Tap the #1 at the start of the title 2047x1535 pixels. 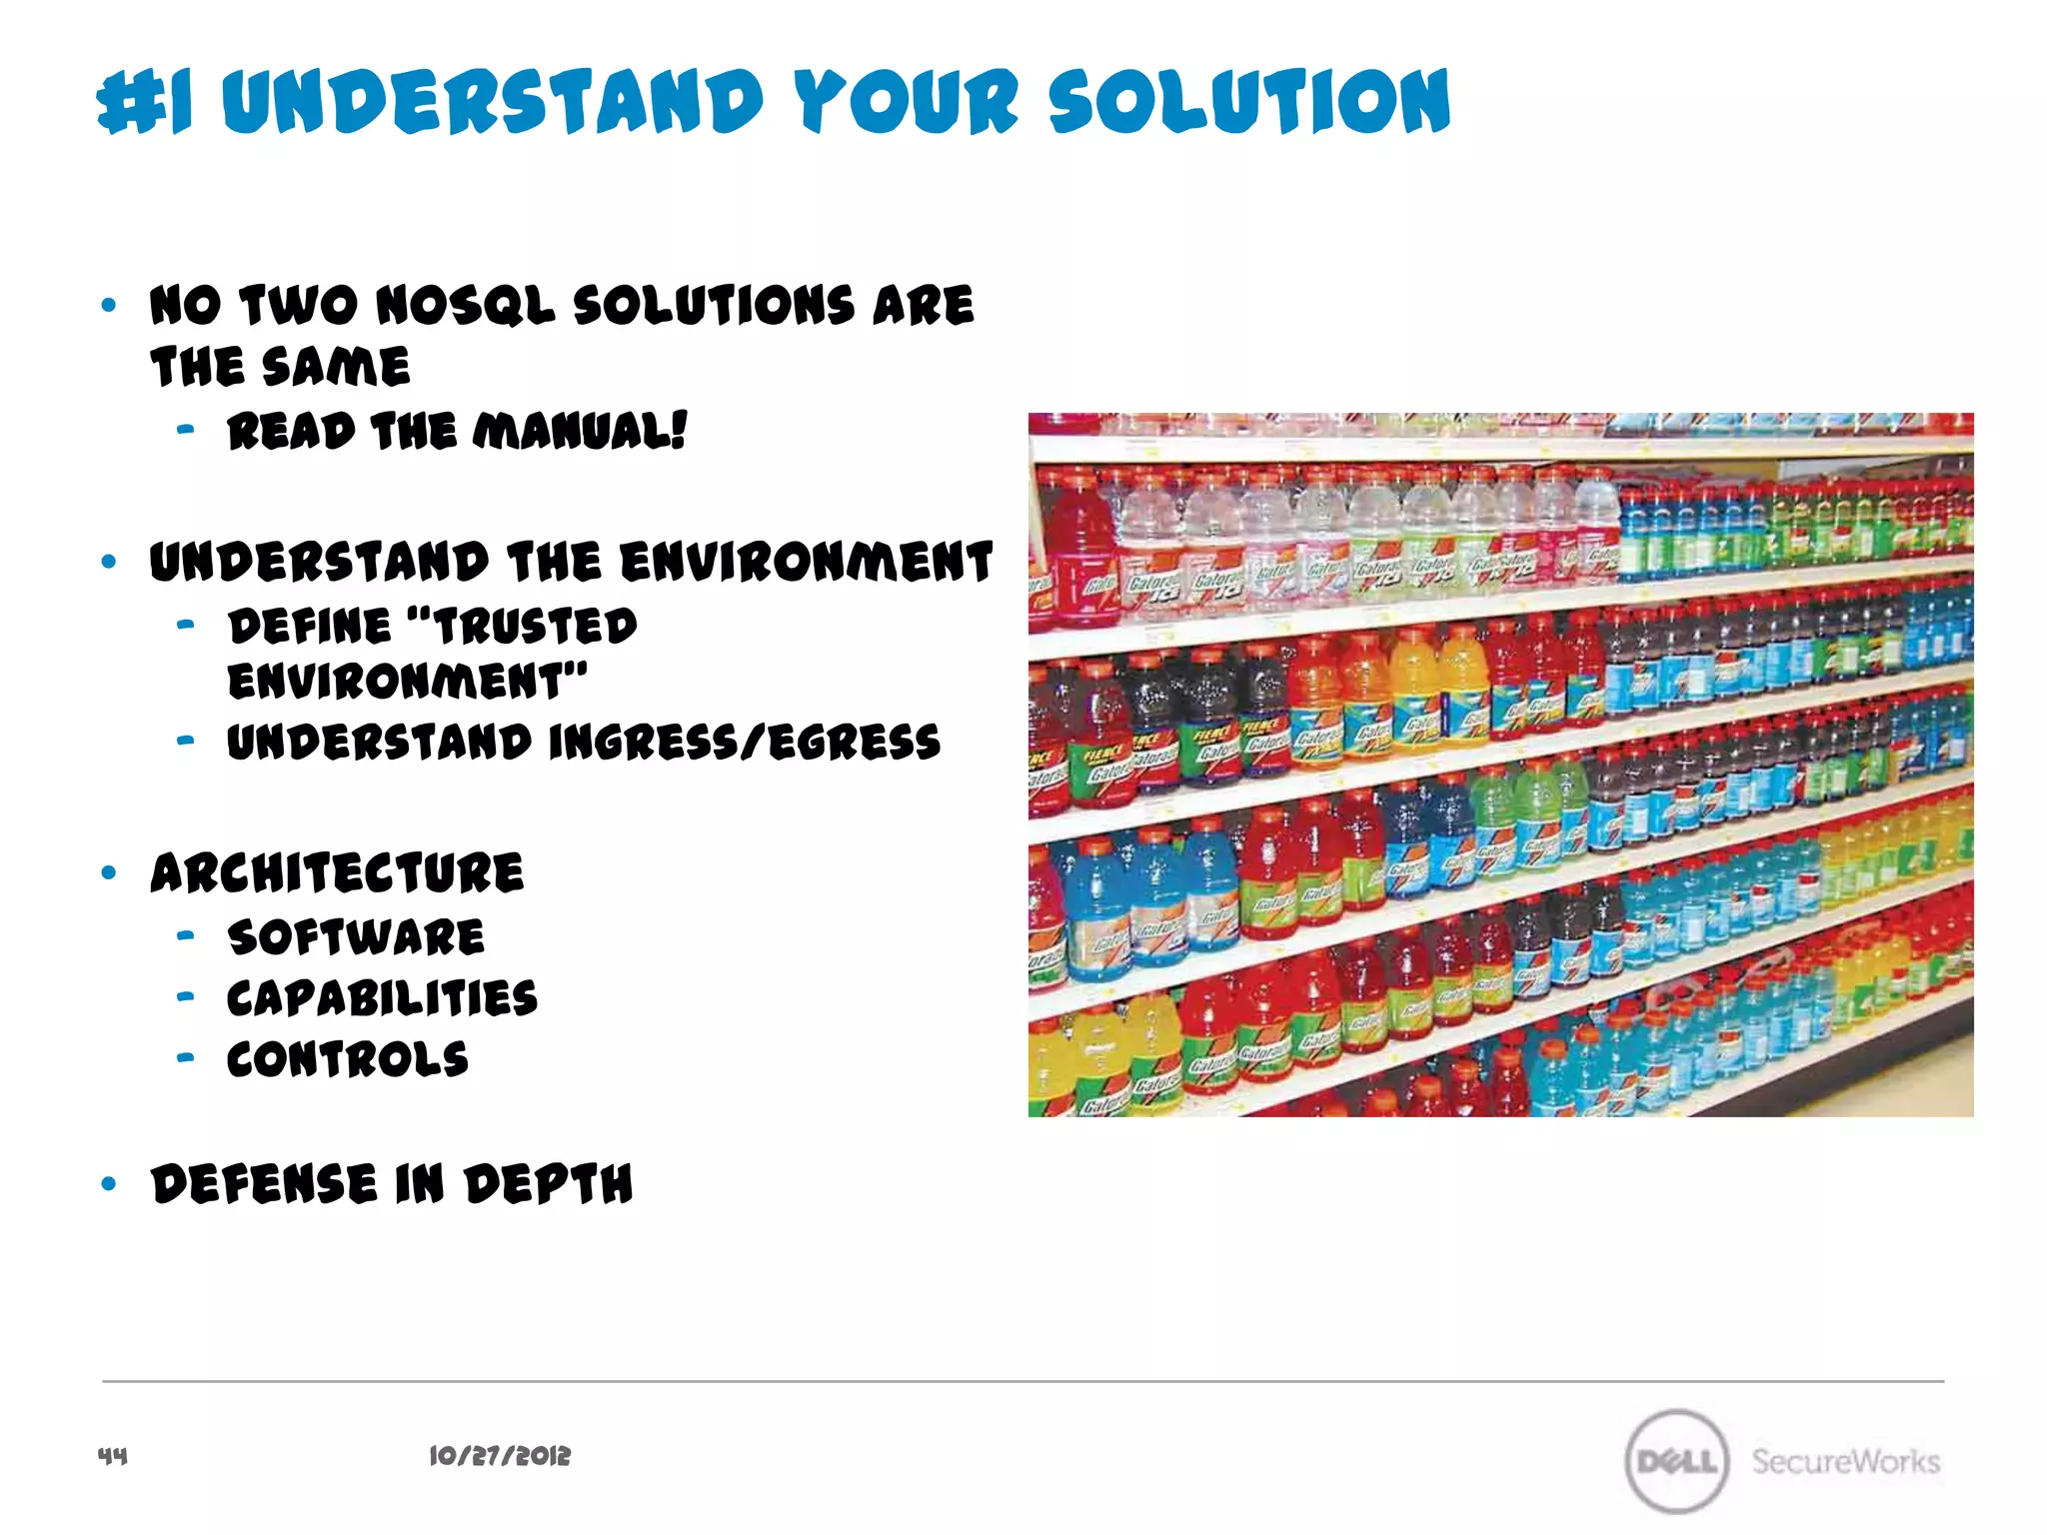[x=145, y=103]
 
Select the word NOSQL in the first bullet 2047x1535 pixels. [x=465, y=305]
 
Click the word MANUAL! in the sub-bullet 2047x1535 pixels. [x=580, y=432]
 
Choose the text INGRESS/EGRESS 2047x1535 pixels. [x=745, y=743]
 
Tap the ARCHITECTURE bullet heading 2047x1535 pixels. [x=337, y=872]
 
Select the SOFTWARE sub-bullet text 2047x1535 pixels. [x=356, y=937]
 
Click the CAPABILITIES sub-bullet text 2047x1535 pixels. [x=382, y=998]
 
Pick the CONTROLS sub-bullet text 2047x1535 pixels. [x=347, y=1059]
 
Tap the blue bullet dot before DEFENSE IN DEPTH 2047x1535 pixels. [x=109, y=1184]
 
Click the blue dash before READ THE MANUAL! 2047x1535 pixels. [x=185, y=431]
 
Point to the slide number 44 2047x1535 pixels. [x=112, y=1455]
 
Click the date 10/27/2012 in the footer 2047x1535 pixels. [x=500, y=1456]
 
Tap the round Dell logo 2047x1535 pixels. [x=1676, y=1461]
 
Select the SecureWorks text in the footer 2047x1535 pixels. [x=1845, y=1461]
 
